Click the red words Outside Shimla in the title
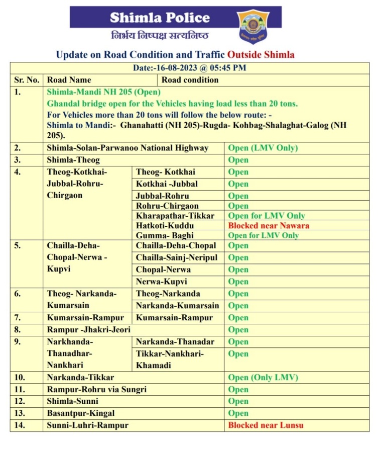tap(261, 54)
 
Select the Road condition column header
tap(190, 79)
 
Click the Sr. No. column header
tap(27, 79)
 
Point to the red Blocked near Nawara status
tap(269, 226)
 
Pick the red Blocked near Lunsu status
tap(266, 425)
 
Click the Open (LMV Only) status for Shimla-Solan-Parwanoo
tap(263, 148)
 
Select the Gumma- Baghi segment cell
tap(164, 235)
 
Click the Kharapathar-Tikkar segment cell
tap(175, 216)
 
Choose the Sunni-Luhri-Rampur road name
tap(88, 425)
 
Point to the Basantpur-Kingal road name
tap(81, 413)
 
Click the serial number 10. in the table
tap(20, 377)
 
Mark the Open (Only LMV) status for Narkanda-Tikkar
tap(263, 377)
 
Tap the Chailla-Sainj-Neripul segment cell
tap(176, 257)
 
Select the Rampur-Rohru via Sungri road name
tap(97, 389)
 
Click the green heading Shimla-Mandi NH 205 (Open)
tap(103, 92)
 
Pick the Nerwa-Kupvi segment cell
tap(161, 282)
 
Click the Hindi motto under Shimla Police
tap(159, 36)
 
